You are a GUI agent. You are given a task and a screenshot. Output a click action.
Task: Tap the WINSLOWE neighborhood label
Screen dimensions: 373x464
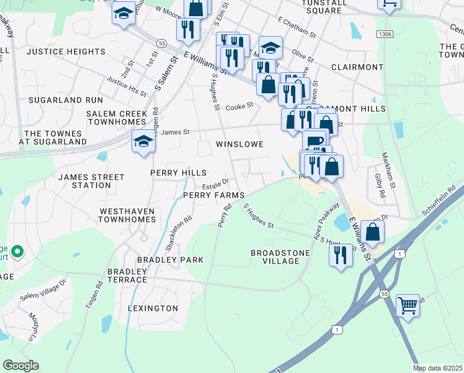[x=239, y=144]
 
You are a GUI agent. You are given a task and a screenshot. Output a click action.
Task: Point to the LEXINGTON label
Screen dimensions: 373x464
[x=153, y=308]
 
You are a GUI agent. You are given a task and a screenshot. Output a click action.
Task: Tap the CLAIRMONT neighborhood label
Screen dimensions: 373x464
[x=357, y=67]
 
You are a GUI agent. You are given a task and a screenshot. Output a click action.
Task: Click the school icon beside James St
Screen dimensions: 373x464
[x=143, y=142]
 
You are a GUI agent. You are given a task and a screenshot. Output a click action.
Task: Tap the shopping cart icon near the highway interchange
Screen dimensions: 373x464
[x=408, y=305]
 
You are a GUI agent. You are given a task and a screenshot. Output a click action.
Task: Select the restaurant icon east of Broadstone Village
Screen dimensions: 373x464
[x=341, y=255]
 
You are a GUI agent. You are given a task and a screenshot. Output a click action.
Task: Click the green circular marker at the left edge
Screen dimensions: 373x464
[x=17, y=252]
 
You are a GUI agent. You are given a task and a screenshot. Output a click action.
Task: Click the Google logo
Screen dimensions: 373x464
[x=20, y=366]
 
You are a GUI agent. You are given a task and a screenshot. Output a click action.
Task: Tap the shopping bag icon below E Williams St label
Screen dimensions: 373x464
[x=268, y=84]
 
